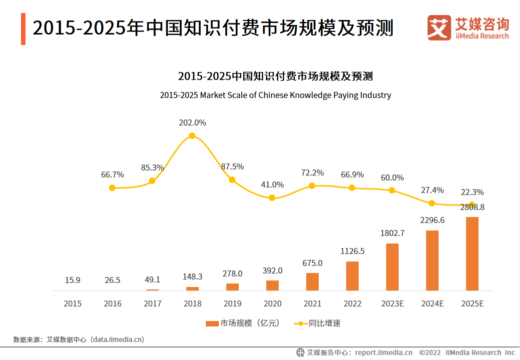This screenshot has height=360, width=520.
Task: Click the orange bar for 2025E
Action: (472, 253)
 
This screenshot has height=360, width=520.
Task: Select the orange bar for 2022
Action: (352, 276)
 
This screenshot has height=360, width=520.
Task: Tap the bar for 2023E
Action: (392, 267)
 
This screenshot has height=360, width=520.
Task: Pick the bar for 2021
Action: (312, 281)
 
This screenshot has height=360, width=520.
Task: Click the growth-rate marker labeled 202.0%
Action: (192, 135)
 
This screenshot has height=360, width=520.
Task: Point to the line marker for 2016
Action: (112, 187)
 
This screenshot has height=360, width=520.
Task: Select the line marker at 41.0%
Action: (272, 197)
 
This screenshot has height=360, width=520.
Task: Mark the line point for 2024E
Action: (432, 203)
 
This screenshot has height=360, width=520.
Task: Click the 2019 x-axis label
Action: (232, 303)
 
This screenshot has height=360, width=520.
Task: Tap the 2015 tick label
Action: (72, 303)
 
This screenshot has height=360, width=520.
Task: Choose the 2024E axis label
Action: (432, 303)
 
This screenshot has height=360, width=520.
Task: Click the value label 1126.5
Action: (352, 251)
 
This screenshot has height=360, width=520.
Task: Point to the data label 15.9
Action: (72, 280)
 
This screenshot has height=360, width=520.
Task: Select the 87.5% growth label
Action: (232, 166)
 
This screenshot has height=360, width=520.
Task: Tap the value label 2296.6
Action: (432, 220)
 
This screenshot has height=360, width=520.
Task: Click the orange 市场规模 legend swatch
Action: (212, 323)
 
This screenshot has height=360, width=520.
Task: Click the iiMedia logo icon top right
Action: (439, 28)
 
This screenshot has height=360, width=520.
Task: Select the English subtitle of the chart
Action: (275, 95)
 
